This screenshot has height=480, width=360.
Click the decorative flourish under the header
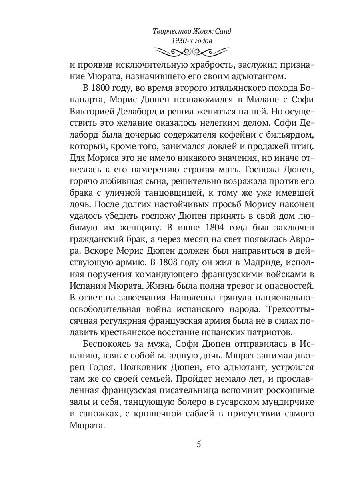click(x=192, y=51)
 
